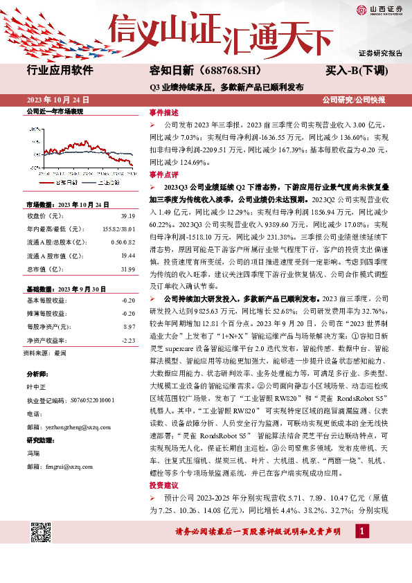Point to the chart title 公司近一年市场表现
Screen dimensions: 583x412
(55, 111)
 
